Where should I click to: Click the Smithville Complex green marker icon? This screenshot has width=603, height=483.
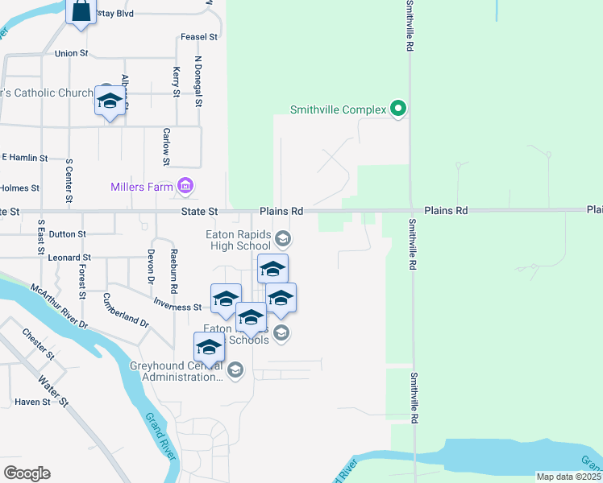[x=397, y=108]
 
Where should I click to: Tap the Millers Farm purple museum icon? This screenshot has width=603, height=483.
[x=186, y=187]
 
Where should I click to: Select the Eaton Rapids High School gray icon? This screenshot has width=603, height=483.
[x=282, y=238]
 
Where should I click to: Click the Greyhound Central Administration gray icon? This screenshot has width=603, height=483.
[x=235, y=370]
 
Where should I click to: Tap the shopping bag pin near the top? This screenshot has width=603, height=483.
[x=80, y=12]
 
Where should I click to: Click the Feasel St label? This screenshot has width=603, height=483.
[x=200, y=37]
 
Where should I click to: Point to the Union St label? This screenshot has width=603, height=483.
[x=71, y=54]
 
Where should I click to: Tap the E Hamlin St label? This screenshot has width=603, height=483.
[x=25, y=158]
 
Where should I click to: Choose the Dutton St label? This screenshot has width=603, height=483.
[x=67, y=234]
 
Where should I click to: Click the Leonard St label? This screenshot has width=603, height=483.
[x=70, y=258]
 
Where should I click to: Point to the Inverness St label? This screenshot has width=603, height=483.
[x=177, y=307]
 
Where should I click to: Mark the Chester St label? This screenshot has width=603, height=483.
[x=38, y=344]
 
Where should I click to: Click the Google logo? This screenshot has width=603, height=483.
[x=27, y=473]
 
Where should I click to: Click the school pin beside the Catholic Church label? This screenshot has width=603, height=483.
[x=110, y=101]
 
